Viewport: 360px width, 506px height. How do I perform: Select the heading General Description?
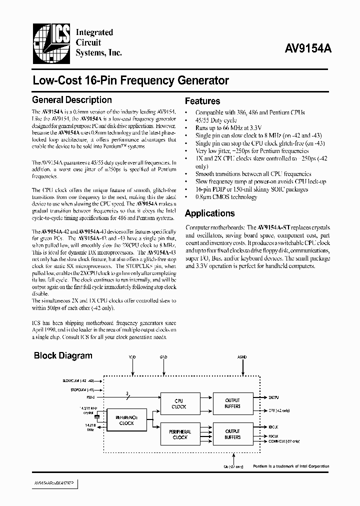[x=72, y=100]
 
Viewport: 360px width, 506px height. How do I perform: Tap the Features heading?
[x=202, y=101]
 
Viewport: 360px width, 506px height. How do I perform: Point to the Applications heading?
[x=209, y=213]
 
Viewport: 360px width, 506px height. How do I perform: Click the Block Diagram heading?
[x=63, y=356]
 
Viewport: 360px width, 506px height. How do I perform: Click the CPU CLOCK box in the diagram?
[x=179, y=403]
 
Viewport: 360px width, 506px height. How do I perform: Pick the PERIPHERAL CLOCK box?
[x=179, y=434]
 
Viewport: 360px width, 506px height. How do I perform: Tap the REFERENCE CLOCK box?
[x=126, y=420]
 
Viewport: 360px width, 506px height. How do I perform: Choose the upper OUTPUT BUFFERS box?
[x=232, y=403]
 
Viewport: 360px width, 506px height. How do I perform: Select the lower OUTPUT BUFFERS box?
[x=232, y=434]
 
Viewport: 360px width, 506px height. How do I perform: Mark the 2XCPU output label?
[x=273, y=397]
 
